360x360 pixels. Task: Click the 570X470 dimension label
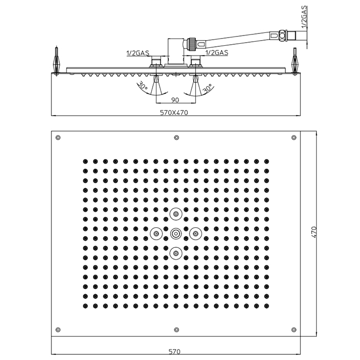pyautogui.click(x=175, y=113)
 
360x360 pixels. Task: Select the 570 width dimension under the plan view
pyautogui.click(x=175, y=352)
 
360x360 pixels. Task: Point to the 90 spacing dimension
pyautogui.click(x=174, y=100)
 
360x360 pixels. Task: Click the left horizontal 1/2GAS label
pyautogui.click(x=138, y=52)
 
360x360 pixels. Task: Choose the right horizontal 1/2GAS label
pyautogui.click(x=217, y=52)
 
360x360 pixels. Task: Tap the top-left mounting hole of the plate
pyautogui.click(x=58, y=137)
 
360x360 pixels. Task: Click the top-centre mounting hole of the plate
pyautogui.click(x=176, y=137)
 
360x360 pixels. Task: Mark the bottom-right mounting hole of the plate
pyautogui.click(x=294, y=330)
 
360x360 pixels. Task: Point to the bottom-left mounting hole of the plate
pyautogui.click(x=58, y=330)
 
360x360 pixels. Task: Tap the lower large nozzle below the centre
pyautogui.click(x=176, y=253)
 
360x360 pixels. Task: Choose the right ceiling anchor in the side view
pyautogui.click(x=296, y=61)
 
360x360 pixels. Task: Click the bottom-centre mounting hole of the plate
pyautogui.click(x=176, y=330)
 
